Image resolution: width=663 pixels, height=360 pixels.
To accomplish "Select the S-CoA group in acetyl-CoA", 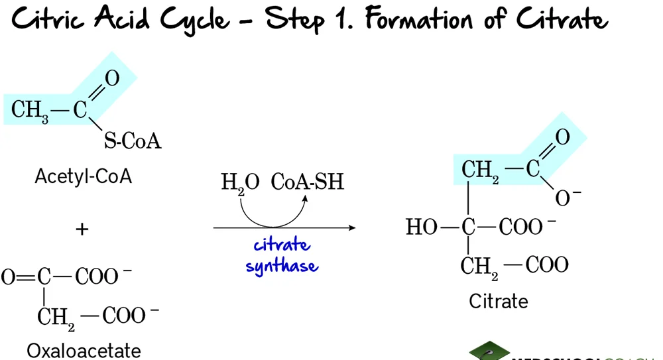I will (132, 141).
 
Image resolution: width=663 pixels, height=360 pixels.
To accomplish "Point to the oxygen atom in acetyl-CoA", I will (112, 79).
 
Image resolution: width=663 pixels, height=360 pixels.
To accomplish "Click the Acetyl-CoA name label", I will (83, 177).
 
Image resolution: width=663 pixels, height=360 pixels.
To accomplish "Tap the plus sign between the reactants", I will (82, 229).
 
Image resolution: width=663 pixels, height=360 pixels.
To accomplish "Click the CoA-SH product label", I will (308, 182).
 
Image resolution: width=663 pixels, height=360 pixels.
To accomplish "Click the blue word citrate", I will (281, 245).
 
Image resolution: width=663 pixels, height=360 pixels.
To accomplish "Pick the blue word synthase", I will (282, 267).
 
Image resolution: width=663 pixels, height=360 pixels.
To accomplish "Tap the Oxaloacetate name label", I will (84, 349).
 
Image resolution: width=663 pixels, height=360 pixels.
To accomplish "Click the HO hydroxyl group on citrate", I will (422, 227).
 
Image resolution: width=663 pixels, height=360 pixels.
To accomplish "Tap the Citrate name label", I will (499, 301).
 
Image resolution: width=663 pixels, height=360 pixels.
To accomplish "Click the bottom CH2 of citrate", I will (479, 267).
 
